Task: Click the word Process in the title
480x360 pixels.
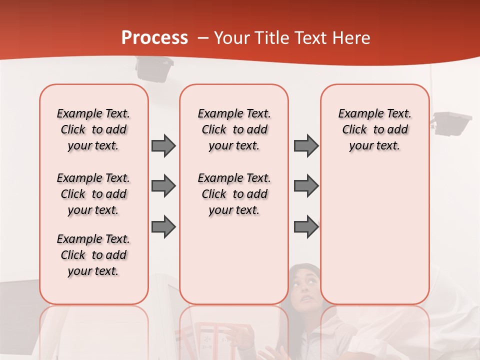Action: pyautogui.click(x=154, y=38)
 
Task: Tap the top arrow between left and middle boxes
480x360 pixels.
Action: pyautogui.click(x=163, y=145)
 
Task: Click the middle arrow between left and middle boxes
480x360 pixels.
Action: pyautogui.click(x=163, y=186)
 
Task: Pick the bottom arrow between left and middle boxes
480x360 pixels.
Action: pyautogui.click(x=163, y=227)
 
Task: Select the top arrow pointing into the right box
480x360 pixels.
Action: pyautogui.click(x=306, y=145)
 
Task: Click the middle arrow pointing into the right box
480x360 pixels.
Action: pyautogui.click(x=306, y=186)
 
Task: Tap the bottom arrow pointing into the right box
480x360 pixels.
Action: pyautogui.click(x=306, y=227)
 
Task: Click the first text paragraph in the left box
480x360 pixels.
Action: pyautogui.click(x=93, y=129)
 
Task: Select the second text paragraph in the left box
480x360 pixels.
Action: pyautogui.click(x=93, y=194)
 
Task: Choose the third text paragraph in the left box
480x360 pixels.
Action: pyautogui.click(x=93, y=255)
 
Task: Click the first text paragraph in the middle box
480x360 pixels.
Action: pyautogui.click(x=234, y=129)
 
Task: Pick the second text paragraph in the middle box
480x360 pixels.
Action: pyautogui.click(x=234, y=194)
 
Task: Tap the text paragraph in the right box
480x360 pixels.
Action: pyautogui.click(x=374, y=129)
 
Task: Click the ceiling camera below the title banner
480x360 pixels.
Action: pyautogui.click(x=154, y=68)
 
